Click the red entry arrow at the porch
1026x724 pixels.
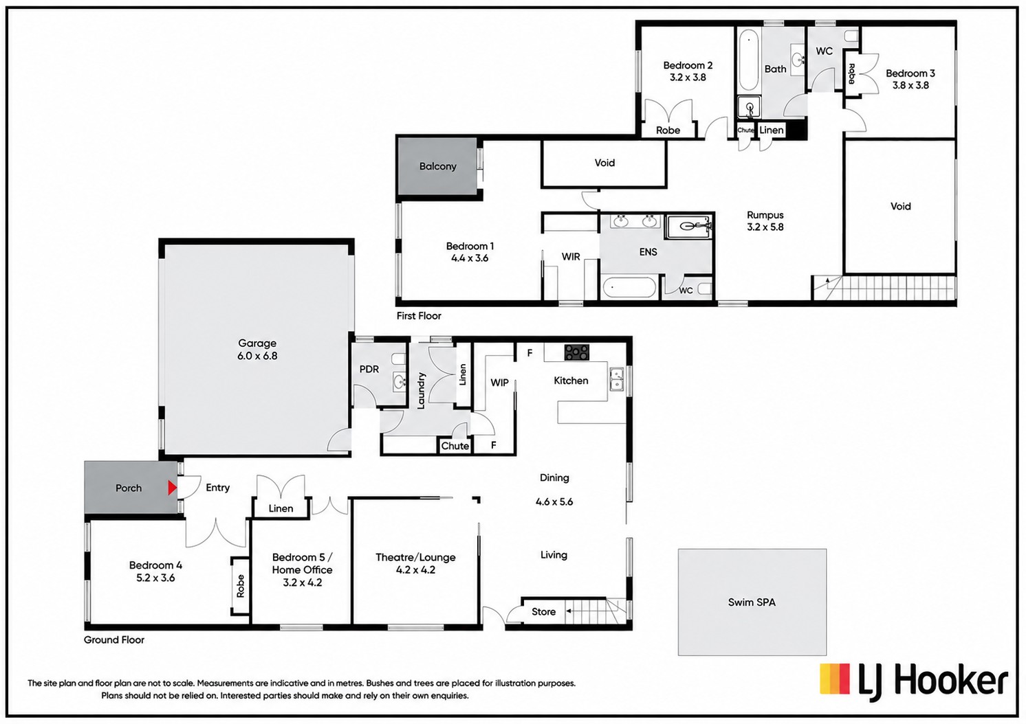coord(172,488)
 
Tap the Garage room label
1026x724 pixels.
coord(257,343)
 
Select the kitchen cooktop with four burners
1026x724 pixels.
coord(577,352)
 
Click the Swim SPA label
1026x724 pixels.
coord(752,602)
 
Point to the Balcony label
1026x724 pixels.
coord(438,166)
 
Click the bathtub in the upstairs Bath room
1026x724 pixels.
coord(748,60)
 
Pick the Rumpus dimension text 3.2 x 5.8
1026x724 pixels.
coord(765,227)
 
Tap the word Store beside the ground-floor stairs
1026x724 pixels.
coord(544,612)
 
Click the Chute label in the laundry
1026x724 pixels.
coord(455,446)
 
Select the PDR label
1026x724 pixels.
coord(369,369)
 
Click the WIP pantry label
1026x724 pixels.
coord(499,383)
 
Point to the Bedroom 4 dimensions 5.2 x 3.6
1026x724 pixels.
coord(155,578)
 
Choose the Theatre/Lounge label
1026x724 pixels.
coord(415,557)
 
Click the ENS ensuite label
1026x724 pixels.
coord(648,251)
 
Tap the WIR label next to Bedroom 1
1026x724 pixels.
coord(571,257)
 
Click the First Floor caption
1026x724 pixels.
coord(419,316)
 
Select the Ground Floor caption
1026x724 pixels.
coord(113,640)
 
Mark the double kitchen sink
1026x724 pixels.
coord(616,380)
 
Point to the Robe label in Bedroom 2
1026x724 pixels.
coord(668,131)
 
